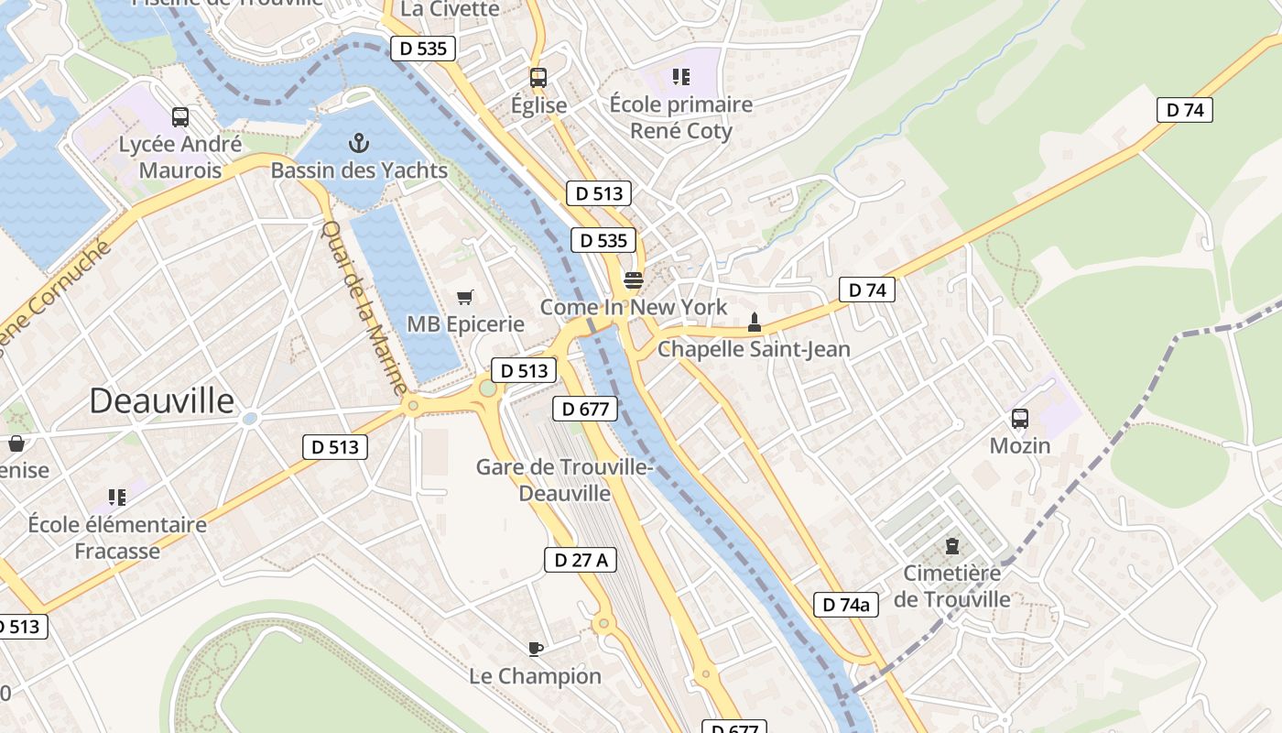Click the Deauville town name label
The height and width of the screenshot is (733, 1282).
162,401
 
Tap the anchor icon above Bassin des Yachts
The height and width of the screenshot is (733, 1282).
359,143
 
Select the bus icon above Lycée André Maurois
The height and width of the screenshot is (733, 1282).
180,117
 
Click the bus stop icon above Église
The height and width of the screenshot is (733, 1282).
538,78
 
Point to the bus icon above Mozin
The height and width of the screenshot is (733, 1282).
1020,419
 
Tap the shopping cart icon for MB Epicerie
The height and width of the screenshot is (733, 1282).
465,297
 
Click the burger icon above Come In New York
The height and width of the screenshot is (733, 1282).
634,279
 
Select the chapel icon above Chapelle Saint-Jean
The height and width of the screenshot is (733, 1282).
754,323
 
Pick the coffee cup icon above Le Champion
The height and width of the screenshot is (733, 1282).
536,649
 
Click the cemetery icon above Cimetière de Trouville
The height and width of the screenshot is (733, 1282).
952,546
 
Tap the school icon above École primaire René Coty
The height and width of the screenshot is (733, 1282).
681,77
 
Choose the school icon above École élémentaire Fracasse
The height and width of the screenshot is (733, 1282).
117,498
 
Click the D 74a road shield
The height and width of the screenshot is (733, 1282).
846,604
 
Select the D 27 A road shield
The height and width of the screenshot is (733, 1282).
581,560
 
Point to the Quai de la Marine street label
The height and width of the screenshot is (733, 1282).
364,308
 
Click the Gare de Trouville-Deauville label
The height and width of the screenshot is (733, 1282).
564,480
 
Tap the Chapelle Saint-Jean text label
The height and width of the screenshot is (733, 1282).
754,349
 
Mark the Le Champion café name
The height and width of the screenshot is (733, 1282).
536,676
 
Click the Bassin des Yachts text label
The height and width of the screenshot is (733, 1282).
359,170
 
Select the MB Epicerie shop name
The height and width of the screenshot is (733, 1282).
465,323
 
